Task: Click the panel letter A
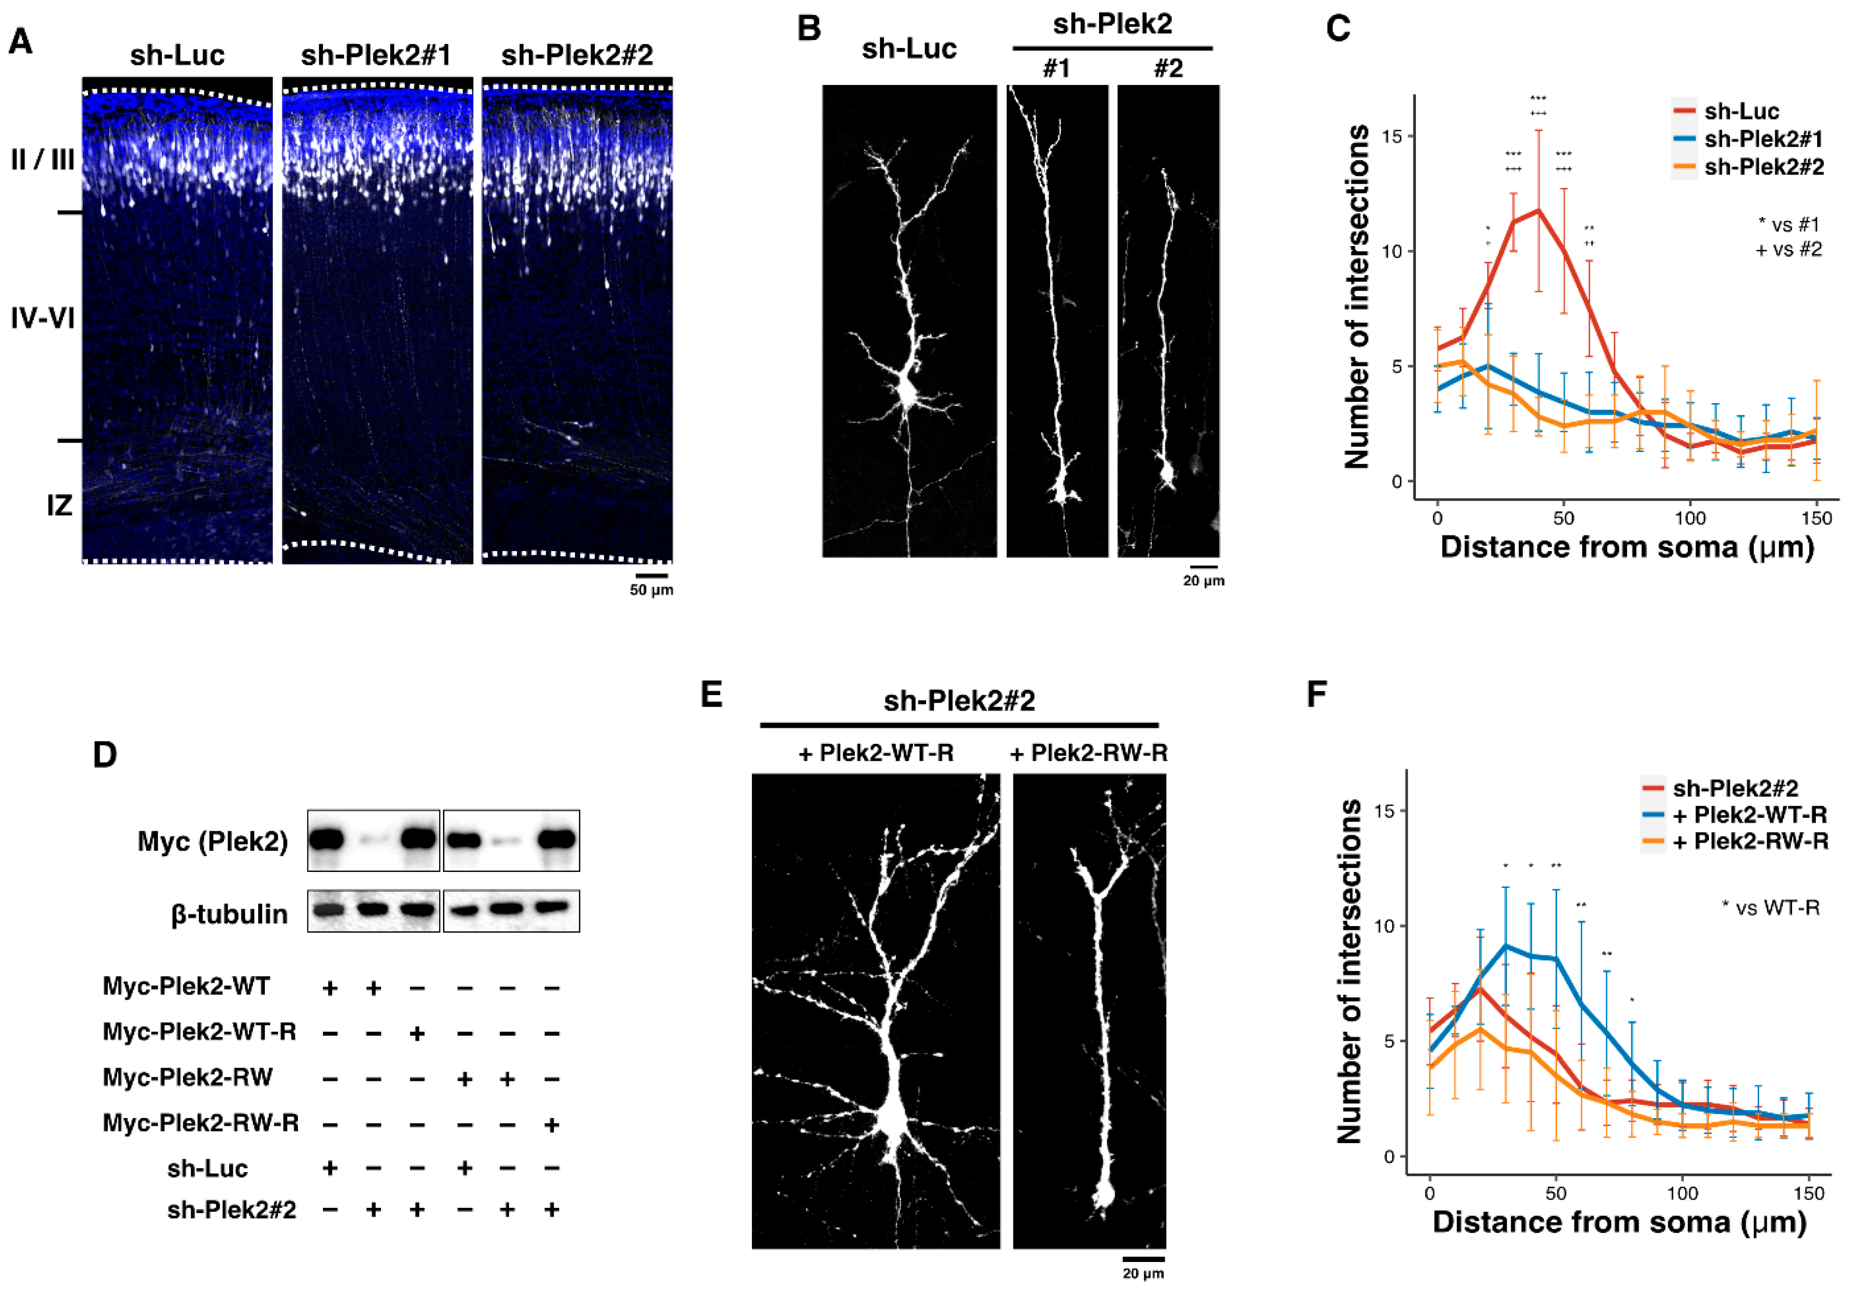point(21,40)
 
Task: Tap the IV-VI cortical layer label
point(43,319)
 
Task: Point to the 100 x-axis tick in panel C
point(1690,518)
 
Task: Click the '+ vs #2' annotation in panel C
point(1788,249)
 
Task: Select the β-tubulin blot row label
point(229,914)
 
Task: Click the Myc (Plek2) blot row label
point(212,841)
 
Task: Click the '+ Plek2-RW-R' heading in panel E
point(1088,753)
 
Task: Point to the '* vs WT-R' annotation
point(1771,908)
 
